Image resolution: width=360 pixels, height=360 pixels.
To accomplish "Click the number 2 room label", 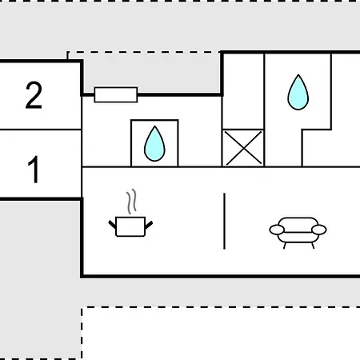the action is (34, 95).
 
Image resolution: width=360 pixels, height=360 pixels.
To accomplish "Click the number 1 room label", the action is (34, 170).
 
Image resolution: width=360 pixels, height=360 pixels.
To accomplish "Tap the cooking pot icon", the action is (130, 226).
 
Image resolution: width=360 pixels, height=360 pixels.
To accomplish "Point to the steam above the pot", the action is (132, 202).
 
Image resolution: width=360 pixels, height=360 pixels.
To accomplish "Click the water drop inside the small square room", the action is (154, 144).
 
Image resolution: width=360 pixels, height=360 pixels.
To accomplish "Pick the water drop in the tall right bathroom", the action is (298, 92).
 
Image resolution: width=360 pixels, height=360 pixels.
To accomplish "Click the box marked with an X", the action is (243, 148).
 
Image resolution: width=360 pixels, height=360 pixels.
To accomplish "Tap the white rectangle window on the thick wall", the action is (116, 94).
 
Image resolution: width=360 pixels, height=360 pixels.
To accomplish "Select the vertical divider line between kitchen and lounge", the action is (225, 221).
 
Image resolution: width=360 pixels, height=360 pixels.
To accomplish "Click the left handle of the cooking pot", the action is (112, 225).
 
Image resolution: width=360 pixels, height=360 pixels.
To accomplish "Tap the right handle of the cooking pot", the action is (149, 225).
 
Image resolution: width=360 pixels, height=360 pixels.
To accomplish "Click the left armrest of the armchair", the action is (277, 230).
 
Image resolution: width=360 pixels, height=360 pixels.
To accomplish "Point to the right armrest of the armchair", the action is (319, 230).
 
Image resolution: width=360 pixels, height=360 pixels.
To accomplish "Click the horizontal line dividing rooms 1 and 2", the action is (41, 130).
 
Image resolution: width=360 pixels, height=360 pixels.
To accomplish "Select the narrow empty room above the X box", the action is (243, 91).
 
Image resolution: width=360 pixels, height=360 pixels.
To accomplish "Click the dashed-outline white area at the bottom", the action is (221, 334).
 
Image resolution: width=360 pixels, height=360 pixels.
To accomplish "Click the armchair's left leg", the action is (285, 246).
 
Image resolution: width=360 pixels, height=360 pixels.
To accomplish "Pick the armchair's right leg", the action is (313, 246).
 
